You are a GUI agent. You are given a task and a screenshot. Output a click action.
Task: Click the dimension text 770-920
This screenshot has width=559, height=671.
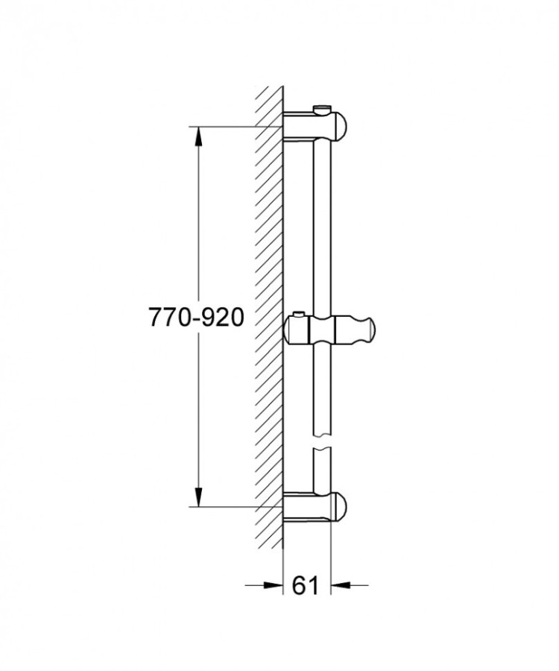(x=197, y=318)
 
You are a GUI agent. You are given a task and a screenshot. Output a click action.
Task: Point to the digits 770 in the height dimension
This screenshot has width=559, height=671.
(x=169, y=318)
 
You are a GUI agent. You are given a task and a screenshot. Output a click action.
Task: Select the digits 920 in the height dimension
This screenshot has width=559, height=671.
(x=224, y=318)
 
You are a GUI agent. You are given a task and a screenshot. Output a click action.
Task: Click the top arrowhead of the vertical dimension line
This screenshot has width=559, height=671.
(x=199, y=135)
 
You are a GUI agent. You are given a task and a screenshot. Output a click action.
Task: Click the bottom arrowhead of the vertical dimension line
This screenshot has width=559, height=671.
(x=199, y=497)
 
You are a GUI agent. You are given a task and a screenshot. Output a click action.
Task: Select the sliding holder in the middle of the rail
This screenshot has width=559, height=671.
(x=328, y=328)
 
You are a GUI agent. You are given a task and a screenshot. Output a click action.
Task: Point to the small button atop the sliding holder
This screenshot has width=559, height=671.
(x=300, y=314)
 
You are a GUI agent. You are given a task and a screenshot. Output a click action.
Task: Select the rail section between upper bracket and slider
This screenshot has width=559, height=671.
(x=322, y=224)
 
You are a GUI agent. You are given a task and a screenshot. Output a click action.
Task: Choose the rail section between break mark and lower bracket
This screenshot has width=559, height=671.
(x=322, y=473)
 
